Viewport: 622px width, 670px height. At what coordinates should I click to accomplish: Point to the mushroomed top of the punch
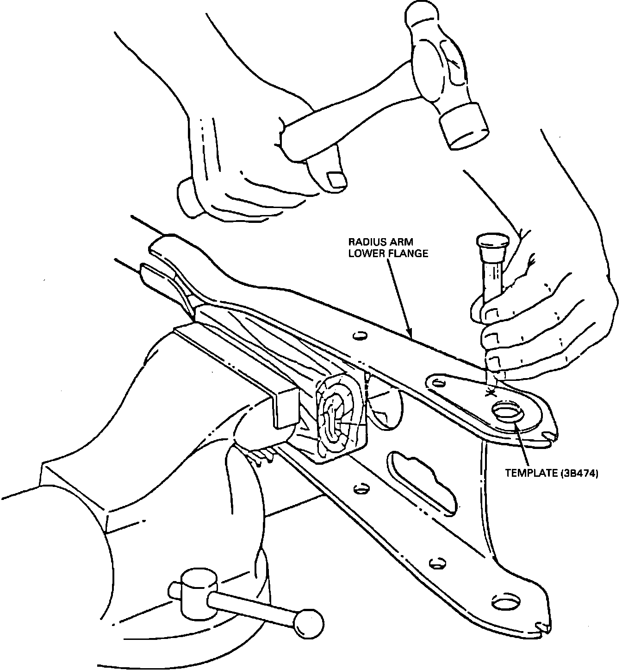tap(492, 241)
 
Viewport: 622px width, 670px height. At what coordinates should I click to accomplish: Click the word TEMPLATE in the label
tap(532, 473)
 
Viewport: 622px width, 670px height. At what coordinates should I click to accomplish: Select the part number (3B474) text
tap(579, 473)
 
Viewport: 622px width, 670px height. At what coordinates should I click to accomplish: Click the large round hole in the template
tap(508, 411)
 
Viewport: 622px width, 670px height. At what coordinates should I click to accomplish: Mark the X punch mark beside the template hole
tap(489, 393)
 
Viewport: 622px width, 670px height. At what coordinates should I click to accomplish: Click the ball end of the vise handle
tap(308, 622)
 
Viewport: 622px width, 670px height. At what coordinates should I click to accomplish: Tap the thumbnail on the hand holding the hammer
tap(336, 179)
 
